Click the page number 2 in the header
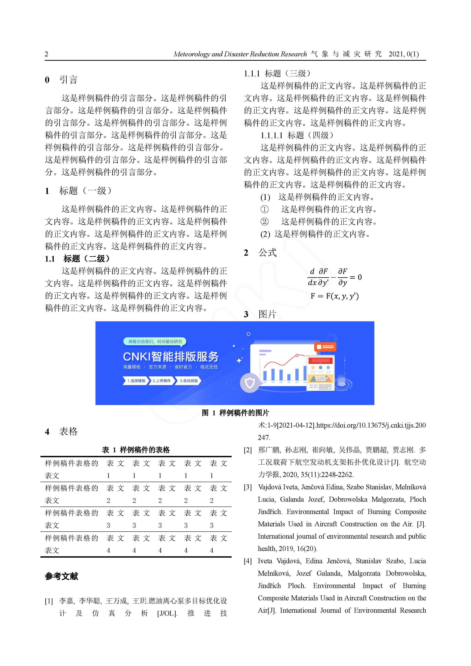tap(47, 54)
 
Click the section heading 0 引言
tap(61, 80)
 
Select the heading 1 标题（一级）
tap(78, 191)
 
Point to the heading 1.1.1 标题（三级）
tap(277, 73)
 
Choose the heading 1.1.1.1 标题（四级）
tap(297, 135)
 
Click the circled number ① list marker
tap(264, 209)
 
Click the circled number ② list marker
tap(264, 222)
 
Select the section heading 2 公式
tap(260, 253)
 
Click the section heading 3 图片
tap(260, 314)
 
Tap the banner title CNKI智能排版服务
tap(171, 356)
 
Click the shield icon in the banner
tap(250, 383)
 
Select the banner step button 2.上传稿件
tap(162, 381)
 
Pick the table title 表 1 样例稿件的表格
tap(136, 450)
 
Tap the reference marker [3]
tap(248, 487)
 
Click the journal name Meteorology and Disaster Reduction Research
tap(240, 54)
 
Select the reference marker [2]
tap(248, 450)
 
